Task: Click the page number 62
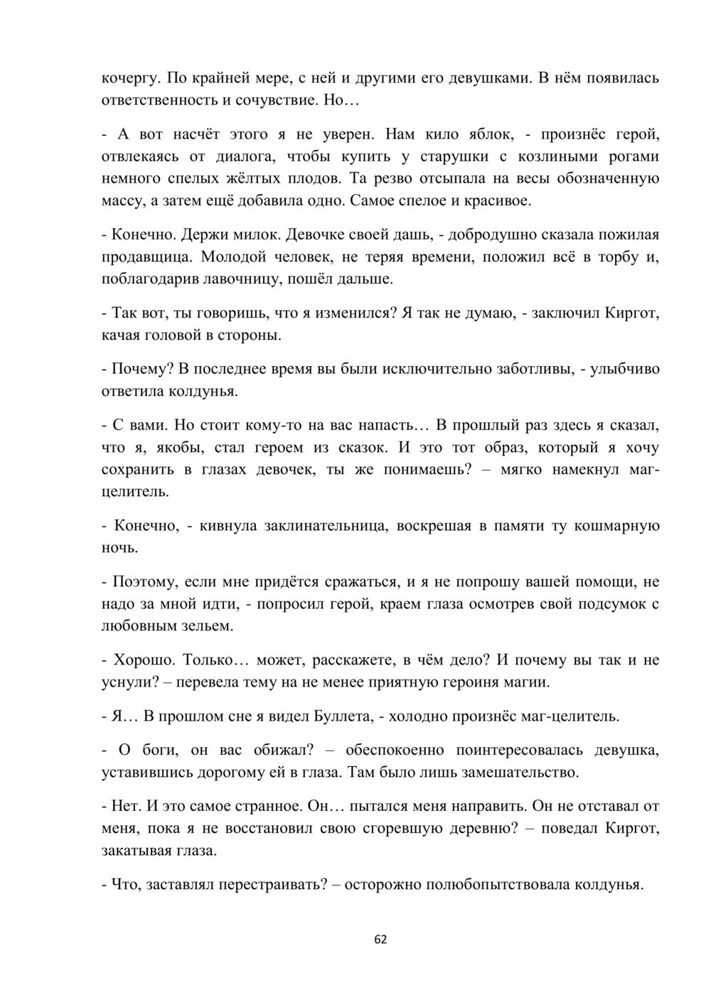[380, 939]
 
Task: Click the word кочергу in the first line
[127, 79]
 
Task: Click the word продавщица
[146, 257]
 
